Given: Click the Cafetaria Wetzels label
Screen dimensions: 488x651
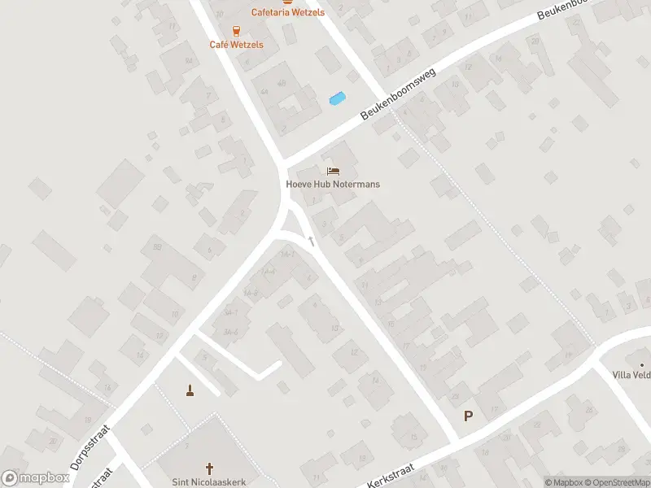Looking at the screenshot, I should [x=287, y=12].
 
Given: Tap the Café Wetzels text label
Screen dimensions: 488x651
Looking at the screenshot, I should [x=236, y=45].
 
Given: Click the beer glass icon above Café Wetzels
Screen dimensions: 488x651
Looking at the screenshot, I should [x=236, y=31].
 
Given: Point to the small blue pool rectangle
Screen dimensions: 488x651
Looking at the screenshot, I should [x=336, y=99].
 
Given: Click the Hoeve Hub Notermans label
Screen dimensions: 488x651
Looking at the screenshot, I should [x=333, y=184].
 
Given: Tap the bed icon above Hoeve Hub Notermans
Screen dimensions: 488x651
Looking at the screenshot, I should [x=333, y=171].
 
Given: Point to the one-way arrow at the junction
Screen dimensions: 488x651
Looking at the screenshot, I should [x=310, y=242].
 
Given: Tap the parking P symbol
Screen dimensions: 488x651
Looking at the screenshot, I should [x=468, y=416].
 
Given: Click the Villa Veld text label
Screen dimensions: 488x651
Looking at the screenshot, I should [x=631, y=375].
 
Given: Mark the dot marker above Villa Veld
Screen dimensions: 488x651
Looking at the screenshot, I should [x=641, y=364].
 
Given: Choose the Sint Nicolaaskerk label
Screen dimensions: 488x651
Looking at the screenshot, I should [x=209, y=481].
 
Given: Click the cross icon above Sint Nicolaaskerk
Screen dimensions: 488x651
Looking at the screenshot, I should [x=209, y=468].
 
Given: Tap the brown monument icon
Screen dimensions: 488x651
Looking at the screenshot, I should [x=190, y=390].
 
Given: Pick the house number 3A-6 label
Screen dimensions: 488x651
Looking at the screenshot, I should [x=230, y=332].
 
